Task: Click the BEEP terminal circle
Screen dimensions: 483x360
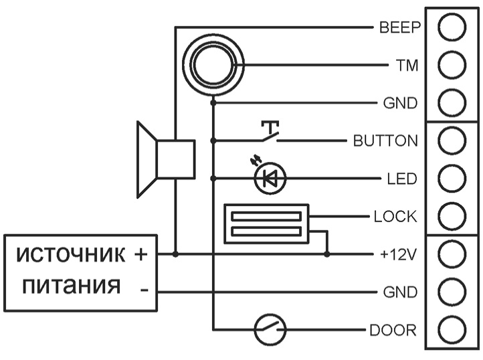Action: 452,27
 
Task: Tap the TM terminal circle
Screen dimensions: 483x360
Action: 452,65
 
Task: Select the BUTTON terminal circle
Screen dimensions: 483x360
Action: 452,141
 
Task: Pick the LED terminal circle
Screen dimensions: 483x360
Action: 452,179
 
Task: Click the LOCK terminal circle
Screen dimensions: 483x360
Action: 452,216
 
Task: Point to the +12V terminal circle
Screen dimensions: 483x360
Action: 452,254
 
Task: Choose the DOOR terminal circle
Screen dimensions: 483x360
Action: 452,329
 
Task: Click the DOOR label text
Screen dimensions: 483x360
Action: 393,330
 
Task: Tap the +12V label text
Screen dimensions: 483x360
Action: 398,254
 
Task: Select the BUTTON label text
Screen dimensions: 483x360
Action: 385,141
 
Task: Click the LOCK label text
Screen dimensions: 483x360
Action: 395,217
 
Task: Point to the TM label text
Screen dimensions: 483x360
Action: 407,66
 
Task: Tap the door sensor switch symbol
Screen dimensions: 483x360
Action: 270,329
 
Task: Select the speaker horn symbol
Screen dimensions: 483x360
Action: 166,159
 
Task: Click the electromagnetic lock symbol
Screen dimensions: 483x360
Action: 266,223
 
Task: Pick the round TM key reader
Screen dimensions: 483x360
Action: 213,65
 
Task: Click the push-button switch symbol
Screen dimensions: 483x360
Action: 270,132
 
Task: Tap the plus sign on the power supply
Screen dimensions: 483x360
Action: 140,254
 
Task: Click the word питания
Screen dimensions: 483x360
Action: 71,286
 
